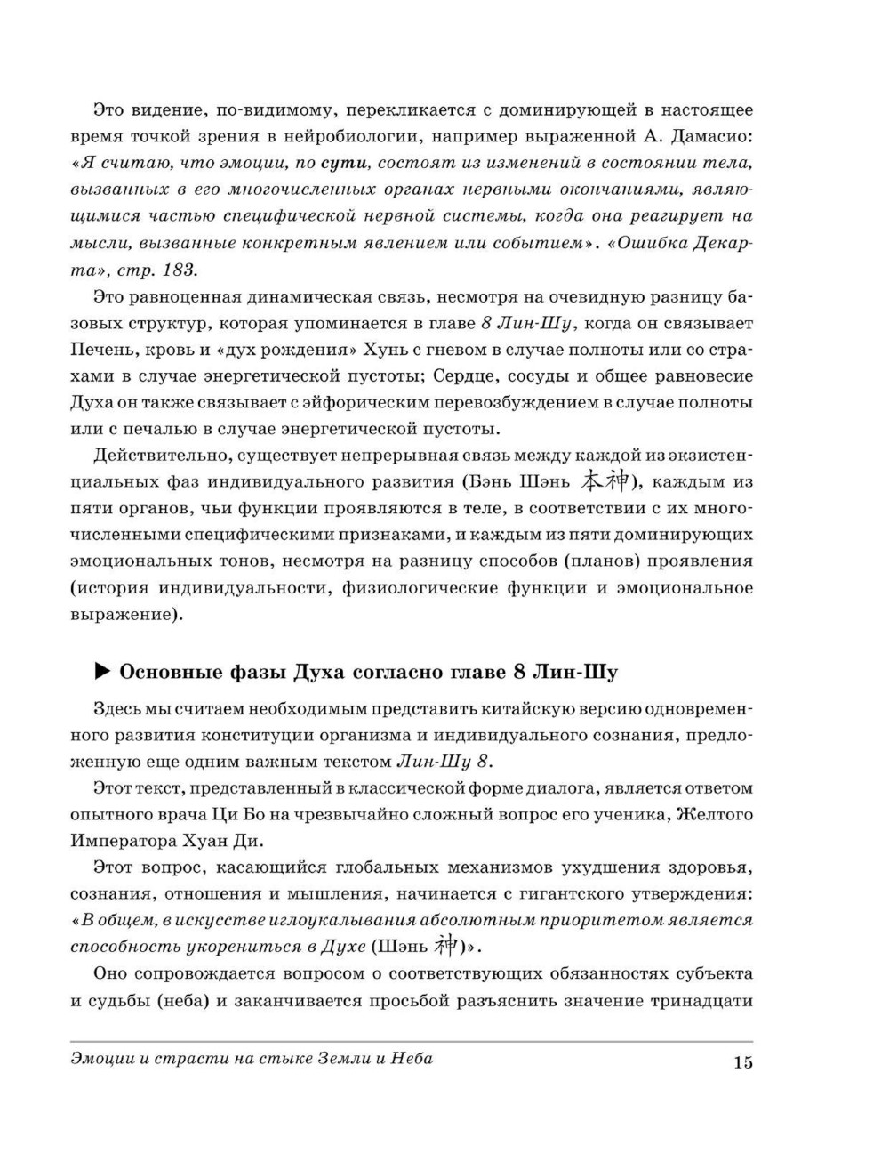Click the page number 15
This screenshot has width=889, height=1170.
click(743, 1062)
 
